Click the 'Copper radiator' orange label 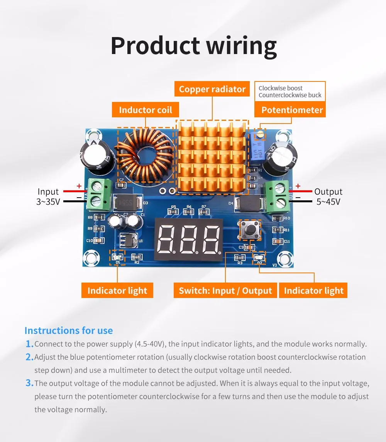(212, 89)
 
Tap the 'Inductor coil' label (146, 110)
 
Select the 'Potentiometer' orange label (292, 110)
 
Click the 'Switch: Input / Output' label (225, 291)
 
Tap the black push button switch (250, 230)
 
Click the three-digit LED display (189, 239)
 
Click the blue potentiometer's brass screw (261, 134)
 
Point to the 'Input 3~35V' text (48, 196)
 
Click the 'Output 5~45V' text (328, 196)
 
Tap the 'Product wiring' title (193, 46)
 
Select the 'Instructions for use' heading (69, 330)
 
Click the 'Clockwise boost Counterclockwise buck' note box (290, 92)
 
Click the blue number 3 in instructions (29, 383)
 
